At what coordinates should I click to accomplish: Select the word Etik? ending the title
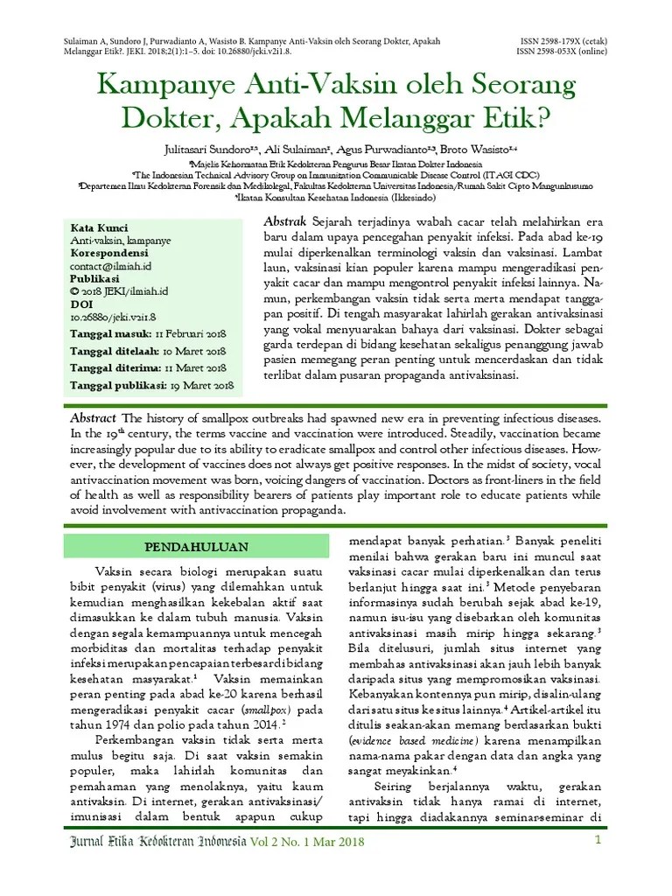pos(527,117)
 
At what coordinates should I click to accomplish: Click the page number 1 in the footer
pos(599,841)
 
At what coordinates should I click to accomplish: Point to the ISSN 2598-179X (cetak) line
pos(566,41)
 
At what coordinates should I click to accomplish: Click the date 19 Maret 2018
pos(201,384)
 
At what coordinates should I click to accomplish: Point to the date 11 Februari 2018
pos(191,333)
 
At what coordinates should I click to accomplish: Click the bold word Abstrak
pos(285,221)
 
